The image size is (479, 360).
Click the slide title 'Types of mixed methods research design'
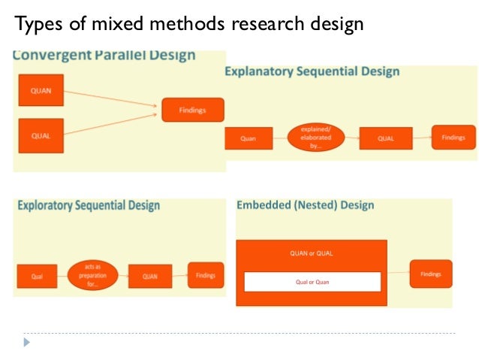tap(189, 24)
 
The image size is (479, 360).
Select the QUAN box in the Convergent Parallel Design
tap(41, 90)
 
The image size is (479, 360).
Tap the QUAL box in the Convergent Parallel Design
tap(41, 135)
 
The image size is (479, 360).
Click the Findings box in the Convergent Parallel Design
tap(192, 110)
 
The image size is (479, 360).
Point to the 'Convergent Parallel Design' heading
tap(105, 56)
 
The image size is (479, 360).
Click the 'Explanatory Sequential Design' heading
tap(312, 72)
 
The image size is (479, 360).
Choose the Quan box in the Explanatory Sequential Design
tap(248, 138)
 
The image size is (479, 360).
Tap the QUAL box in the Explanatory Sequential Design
tap(385, 138)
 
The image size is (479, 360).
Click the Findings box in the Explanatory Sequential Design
tap(453, 138)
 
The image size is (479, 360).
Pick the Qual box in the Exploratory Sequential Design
tap(38, 276)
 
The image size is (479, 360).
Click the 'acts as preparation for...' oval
tap(93, 276)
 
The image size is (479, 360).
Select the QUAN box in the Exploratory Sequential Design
tap(149, 276)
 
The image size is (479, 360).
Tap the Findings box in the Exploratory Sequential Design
tap(205, 275)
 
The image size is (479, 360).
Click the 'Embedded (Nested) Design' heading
tap(306, 205)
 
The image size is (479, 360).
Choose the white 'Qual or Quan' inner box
tap(312, 282)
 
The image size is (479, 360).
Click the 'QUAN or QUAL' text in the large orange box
tap(312, 253)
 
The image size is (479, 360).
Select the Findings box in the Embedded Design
tap(431, 274)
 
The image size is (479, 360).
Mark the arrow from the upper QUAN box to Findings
tap(113, 100)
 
